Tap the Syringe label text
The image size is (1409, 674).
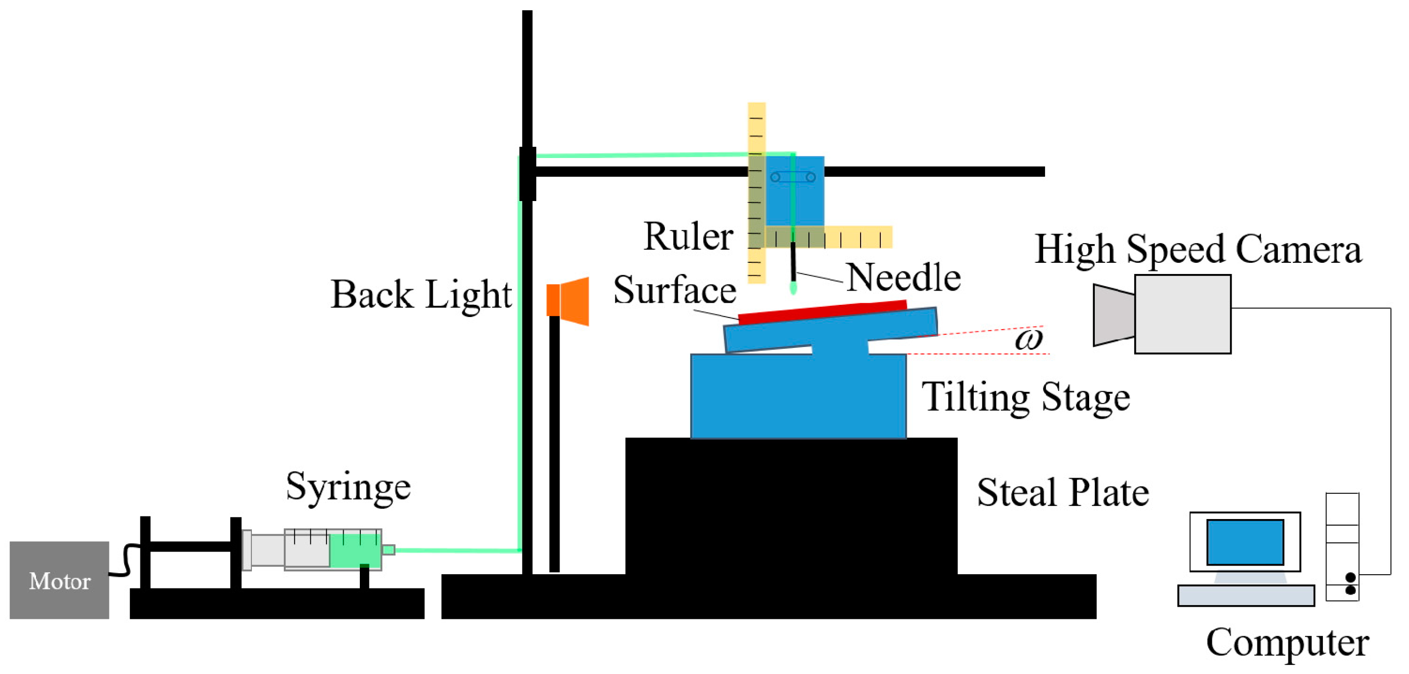coord(348,487)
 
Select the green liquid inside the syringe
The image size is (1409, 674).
coord(354,550)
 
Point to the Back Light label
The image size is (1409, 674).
coord(421,294)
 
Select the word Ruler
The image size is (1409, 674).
coord(688,236)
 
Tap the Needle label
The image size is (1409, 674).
coord(903,277)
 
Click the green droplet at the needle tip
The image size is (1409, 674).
coord(793,288)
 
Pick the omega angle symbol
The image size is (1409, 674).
coord(1028,339)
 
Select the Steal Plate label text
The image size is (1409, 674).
coord(1063,492)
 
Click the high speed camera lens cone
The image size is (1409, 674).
coord(1113,315)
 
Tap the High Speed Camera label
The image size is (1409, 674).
coord(1198,249)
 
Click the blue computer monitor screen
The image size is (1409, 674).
coord(1245,542)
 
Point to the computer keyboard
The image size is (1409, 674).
coord(1245,596)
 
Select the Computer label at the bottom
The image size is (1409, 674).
coord(1287,642)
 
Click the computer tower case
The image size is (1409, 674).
coord(1342,546)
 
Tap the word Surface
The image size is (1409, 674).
coord(675,290)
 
